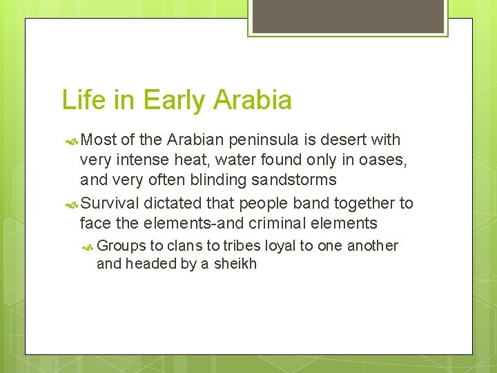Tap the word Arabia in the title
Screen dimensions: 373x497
point(253,100)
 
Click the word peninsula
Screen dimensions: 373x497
point(265,140)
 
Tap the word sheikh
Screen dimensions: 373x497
point(235,263)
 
